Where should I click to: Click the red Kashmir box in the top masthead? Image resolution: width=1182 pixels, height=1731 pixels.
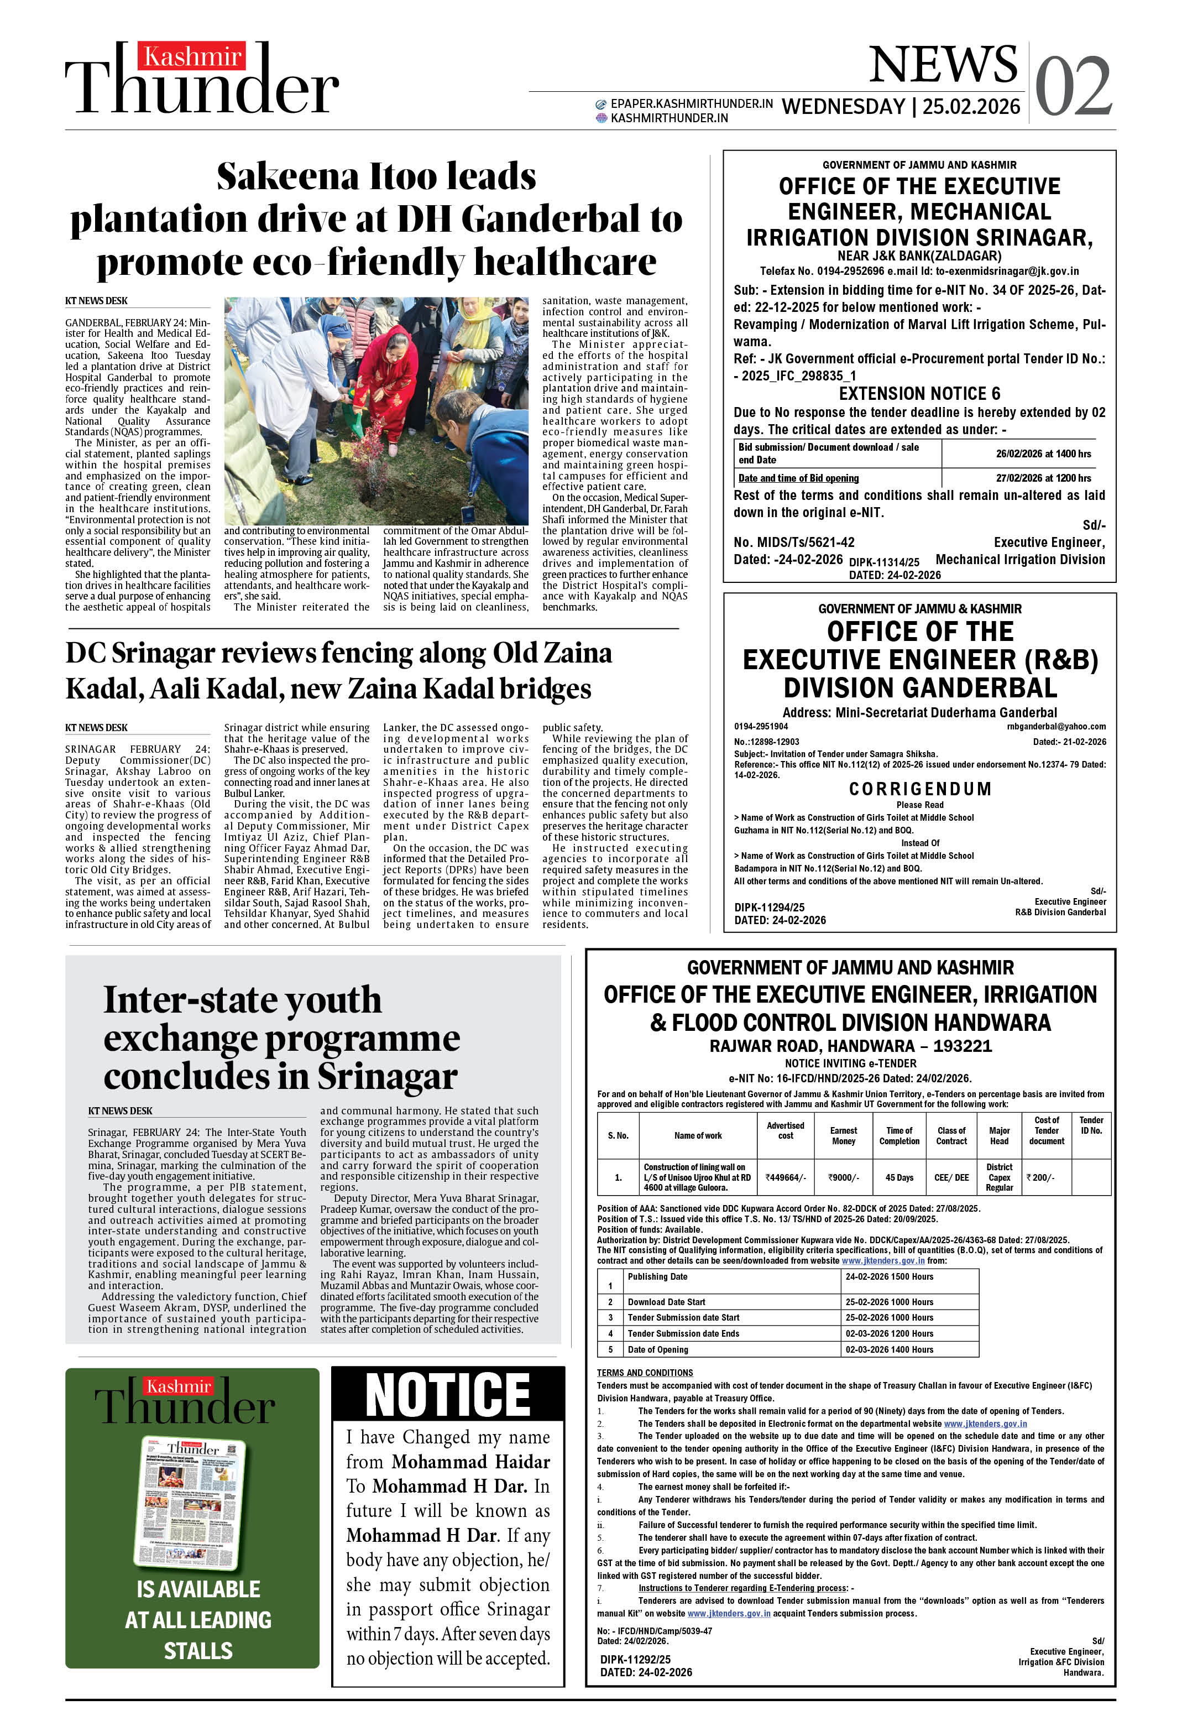pyautogui.click(x=191, y=56)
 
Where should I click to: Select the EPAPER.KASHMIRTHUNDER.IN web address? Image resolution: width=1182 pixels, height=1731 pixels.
pyautogui.click(x=691, y=103)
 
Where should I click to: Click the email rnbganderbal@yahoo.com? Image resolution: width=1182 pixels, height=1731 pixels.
pyautogui.click(x=1055, y=726)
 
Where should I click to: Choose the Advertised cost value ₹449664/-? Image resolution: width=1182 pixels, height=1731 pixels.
pyautogui.click(x=785, y=1177)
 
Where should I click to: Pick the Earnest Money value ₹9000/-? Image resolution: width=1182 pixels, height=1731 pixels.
pyautogui.click(x=843, y=1177)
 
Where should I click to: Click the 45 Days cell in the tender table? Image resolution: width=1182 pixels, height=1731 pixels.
pyautogui.click(x=899, y=1177)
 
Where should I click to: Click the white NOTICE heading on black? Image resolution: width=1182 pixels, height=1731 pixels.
pyautogui.click(x=448, y=1394)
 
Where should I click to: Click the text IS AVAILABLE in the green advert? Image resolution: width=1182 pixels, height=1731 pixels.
pyautogui.click(x=198, y=1589)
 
